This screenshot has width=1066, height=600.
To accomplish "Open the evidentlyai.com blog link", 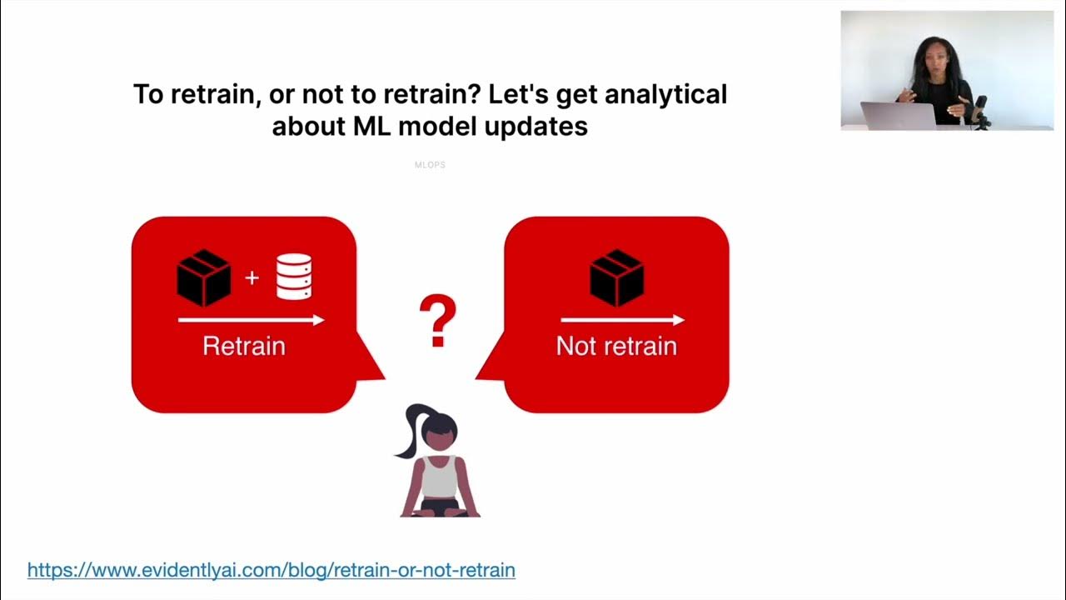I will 271,570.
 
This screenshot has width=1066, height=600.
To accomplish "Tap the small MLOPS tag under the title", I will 430,165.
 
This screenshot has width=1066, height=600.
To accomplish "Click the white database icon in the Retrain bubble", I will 294,277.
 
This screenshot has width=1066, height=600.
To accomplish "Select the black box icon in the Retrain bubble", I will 204,277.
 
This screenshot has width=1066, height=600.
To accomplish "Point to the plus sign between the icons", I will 252,277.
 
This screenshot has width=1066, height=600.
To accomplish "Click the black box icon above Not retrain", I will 616,277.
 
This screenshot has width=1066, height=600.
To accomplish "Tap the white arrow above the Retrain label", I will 251,320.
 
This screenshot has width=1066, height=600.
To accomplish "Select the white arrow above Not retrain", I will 622,320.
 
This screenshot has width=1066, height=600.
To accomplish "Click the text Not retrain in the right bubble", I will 616,346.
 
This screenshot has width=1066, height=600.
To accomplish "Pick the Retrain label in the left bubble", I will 244,346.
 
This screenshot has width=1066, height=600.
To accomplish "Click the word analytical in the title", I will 665,94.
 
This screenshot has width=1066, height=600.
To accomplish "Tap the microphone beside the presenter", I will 981,108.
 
